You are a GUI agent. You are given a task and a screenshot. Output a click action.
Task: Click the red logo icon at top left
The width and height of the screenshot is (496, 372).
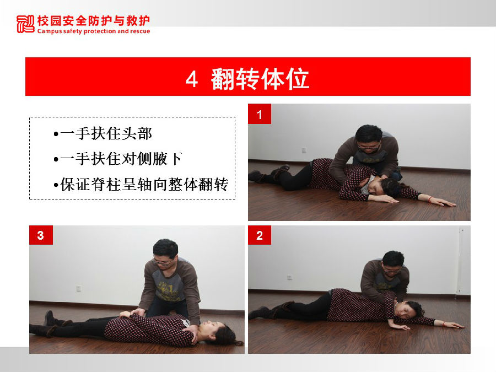[x=25, y=24]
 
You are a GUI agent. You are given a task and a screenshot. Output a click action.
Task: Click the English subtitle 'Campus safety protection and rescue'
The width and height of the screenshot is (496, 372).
[x=94, y=31]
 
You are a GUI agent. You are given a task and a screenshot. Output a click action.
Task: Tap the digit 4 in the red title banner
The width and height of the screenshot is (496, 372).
[x=191, y=79]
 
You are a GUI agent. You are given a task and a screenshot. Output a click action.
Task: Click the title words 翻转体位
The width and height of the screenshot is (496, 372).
[x=260, y=78]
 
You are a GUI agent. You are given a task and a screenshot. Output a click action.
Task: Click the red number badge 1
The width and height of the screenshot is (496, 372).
[x=260, y=114]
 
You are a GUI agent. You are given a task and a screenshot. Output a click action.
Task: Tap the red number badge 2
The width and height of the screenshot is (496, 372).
[x=260, y=235]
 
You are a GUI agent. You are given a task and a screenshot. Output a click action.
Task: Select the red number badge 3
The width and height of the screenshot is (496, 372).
[x=41, y=235]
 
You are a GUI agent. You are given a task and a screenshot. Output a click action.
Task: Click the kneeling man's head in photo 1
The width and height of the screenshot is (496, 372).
[x=369, y=138]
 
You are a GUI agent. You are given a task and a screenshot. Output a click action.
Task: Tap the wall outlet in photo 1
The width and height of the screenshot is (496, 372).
[x=304, y=150]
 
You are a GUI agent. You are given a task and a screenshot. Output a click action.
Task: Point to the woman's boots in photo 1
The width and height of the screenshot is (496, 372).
[x=268, y=174]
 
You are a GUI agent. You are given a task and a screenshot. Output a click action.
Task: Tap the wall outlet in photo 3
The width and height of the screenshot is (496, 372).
[x=79, y=288]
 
